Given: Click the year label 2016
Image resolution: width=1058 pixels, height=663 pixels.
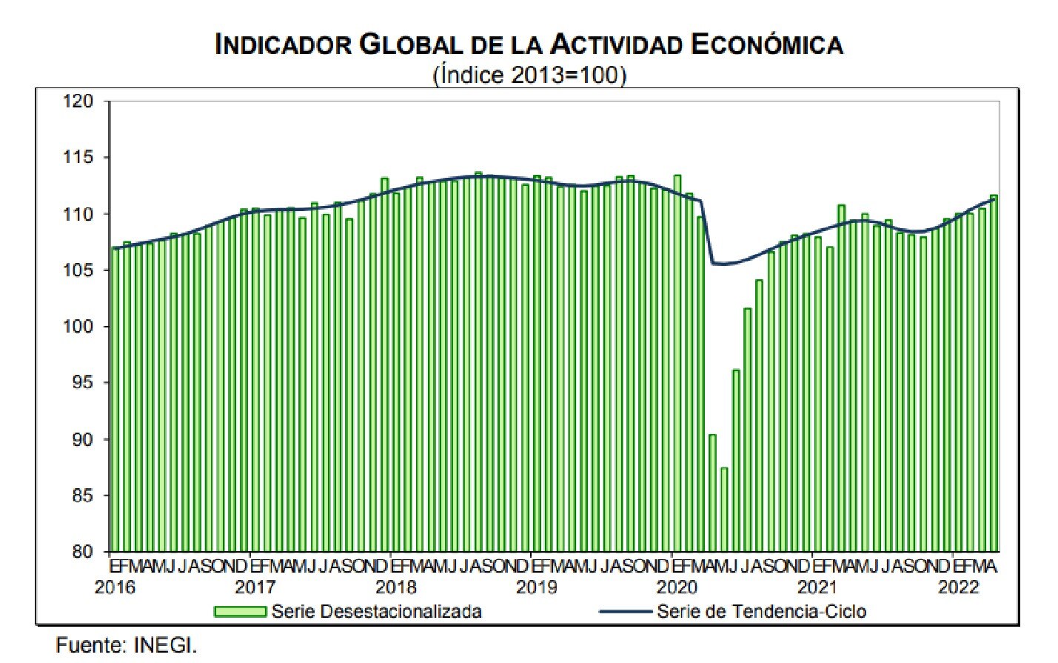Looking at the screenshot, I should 115,587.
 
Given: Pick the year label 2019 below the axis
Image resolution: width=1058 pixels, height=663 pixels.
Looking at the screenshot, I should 536,587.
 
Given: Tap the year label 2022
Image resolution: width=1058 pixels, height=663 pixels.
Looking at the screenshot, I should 958,587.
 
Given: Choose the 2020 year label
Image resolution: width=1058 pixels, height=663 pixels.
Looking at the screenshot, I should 677,587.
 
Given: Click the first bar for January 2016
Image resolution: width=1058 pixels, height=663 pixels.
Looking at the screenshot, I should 115,400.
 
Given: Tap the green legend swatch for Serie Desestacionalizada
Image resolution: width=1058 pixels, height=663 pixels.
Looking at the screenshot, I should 240,612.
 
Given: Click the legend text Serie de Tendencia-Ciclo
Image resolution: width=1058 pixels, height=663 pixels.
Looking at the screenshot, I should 761,612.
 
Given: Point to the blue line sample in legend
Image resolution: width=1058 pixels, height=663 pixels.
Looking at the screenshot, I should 625,612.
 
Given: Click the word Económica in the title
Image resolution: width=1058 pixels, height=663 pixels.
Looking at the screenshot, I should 767,45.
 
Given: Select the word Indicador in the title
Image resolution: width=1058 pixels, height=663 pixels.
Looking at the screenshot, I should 283,45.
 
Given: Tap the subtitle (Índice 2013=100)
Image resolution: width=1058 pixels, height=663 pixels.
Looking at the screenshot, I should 529,75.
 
